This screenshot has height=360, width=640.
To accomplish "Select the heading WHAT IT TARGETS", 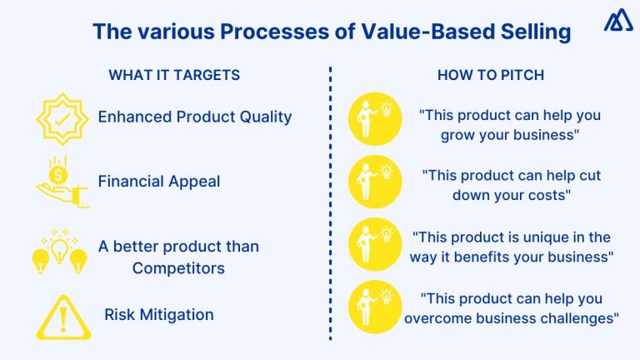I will click(174, 75).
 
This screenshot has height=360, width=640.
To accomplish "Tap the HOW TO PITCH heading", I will click(490, 75).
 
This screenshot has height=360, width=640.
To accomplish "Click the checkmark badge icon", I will click(62, 118).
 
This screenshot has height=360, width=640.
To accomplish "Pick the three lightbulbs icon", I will click(59, 251).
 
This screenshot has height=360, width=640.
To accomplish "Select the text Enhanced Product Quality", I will click(195, 117).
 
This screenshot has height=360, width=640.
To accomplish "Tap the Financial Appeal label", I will click(159, 181).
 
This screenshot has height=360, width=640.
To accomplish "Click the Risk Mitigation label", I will click(159, 314).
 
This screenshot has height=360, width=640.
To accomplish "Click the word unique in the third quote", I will click(530, 237).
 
